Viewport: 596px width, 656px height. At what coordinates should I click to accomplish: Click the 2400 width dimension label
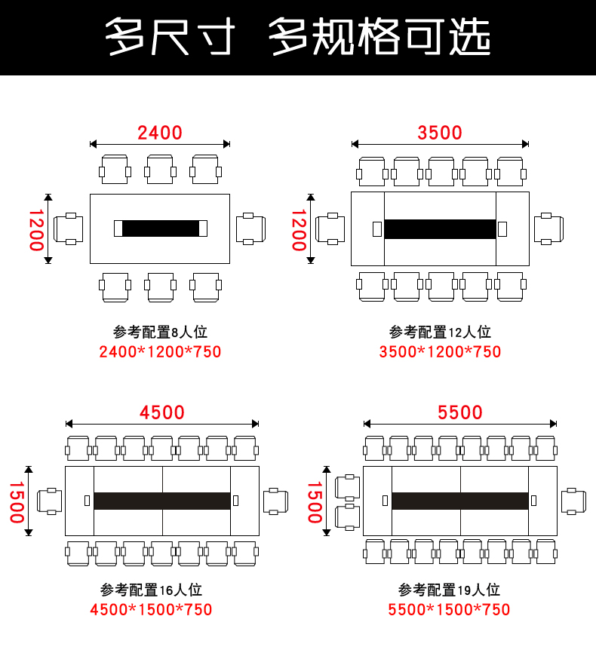tap(160, 133)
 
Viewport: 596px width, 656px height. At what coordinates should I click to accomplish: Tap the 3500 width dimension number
tap(440, 133)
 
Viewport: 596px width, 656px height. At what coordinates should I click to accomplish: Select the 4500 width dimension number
tap(162, 412)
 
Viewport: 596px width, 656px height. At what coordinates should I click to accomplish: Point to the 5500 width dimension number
tap(460, 412)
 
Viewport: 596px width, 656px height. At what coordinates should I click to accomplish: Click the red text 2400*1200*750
tap(160, 351)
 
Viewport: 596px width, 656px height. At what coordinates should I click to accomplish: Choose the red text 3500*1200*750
tap(440, 351)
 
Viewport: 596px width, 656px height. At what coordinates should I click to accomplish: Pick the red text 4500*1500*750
tap(151, 609)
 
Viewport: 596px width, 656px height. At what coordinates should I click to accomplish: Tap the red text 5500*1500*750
tap(449, 609)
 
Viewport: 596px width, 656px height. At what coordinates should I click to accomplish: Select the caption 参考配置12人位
tap(440, 332)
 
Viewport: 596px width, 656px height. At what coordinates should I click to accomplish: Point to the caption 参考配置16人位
tap(151, 590)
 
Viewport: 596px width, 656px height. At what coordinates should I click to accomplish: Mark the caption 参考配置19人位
tap(449, 590)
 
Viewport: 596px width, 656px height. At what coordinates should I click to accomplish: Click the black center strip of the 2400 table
tap(160, 228)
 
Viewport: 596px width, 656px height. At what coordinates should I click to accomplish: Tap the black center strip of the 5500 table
tap(459, 501)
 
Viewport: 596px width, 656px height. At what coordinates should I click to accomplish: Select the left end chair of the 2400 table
tap(69, 228)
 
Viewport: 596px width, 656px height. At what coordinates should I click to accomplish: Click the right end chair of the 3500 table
tap(548, 228)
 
